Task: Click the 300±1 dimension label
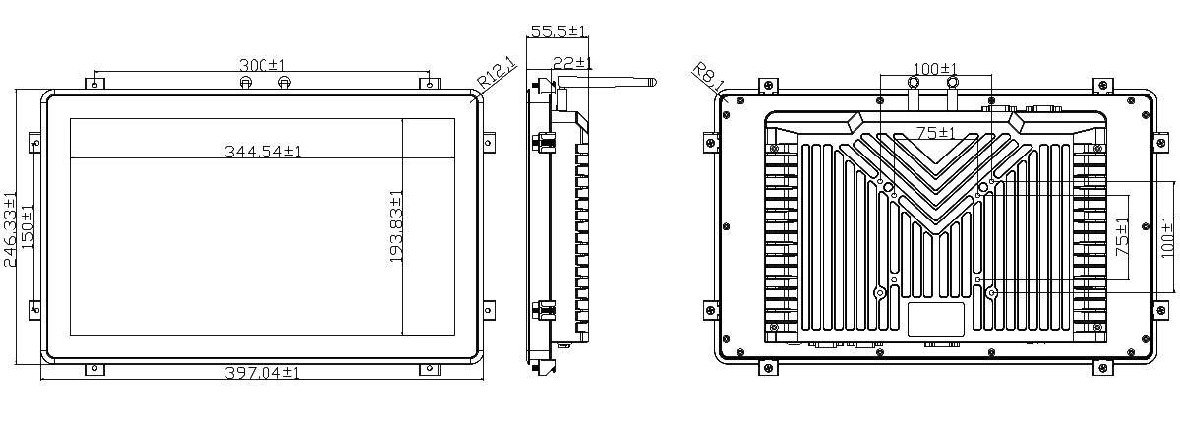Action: [x=262, y=65]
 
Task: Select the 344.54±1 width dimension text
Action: [x=263, y=152]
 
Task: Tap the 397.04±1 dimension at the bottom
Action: [x=262, y=373]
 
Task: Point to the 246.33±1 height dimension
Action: [x=10, y=229]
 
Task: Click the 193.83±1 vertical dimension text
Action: [x=396, y=226]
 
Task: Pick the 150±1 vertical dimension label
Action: [x=28, y=227]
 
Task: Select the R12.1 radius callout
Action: [x=497, y=72]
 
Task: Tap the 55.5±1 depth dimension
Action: [x=558, y=31]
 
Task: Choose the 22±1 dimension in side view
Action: [x=572, y=63]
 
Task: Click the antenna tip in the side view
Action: [x=655, y=82]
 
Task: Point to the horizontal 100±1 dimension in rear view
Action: [x=935, y=69]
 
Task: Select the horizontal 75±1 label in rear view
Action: [x=935, y=132]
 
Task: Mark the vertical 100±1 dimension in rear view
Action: [x=1168, y=237]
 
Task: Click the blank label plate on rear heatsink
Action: [x=935, y=319]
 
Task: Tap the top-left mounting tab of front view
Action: [x=94, y=84]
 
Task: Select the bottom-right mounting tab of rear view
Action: [x=1103, y=368]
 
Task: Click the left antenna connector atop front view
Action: [x=245, y=83]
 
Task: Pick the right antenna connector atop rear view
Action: [x=953, y=83]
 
